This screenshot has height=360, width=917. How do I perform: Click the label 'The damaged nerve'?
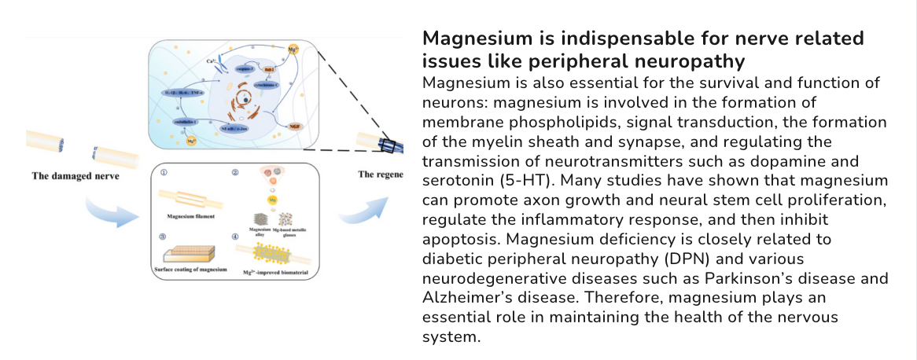pos(75,174)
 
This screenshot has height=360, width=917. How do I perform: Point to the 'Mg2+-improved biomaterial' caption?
pos(275,271)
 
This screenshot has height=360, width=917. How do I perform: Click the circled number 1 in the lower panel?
pos(164,171)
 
